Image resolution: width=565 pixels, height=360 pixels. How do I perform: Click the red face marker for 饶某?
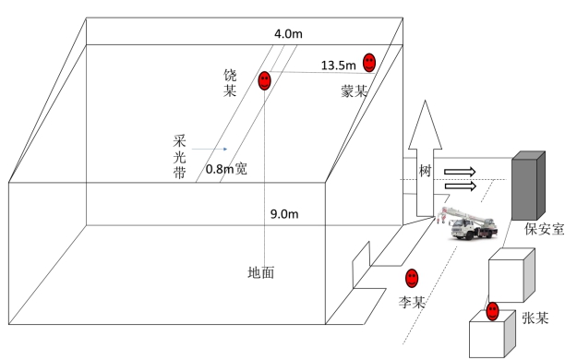click(x=264, y=80)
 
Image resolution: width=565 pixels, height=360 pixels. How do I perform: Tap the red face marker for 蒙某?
click(x=369, y=63)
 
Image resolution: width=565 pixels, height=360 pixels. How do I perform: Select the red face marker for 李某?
click(x=412, y=278)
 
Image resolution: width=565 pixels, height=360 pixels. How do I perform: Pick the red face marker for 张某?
click(x=492, y=311)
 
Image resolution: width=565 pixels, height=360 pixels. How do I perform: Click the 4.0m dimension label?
click(x=288, y=34)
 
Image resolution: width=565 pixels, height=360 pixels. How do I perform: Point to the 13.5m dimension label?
click(x=338, y=66)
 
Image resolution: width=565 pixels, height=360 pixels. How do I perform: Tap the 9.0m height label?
click(x=284, y=214)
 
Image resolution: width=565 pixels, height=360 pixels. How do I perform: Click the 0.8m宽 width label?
click(x=226, y=169)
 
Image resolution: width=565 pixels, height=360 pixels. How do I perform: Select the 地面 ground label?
click(x=261, y=272)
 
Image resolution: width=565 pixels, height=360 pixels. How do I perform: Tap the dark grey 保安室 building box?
click(x=528, y=186)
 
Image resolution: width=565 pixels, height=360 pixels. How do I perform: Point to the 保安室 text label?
click(x=544, y=229)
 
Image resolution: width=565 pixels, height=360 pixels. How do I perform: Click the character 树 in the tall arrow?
click(x=426, y=171)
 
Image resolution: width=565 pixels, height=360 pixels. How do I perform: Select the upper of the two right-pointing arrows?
click(x=460, y=172)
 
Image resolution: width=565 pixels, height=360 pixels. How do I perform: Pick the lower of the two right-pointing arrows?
click(x=461, y=186)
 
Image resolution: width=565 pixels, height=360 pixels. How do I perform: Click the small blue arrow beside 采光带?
click(x=210, y=149)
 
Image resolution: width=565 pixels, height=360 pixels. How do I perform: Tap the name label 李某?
click(x=412, y=302)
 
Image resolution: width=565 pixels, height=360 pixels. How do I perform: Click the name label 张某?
click(x=535, y=318)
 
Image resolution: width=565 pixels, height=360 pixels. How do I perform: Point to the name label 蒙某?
click(x=355, y=91)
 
